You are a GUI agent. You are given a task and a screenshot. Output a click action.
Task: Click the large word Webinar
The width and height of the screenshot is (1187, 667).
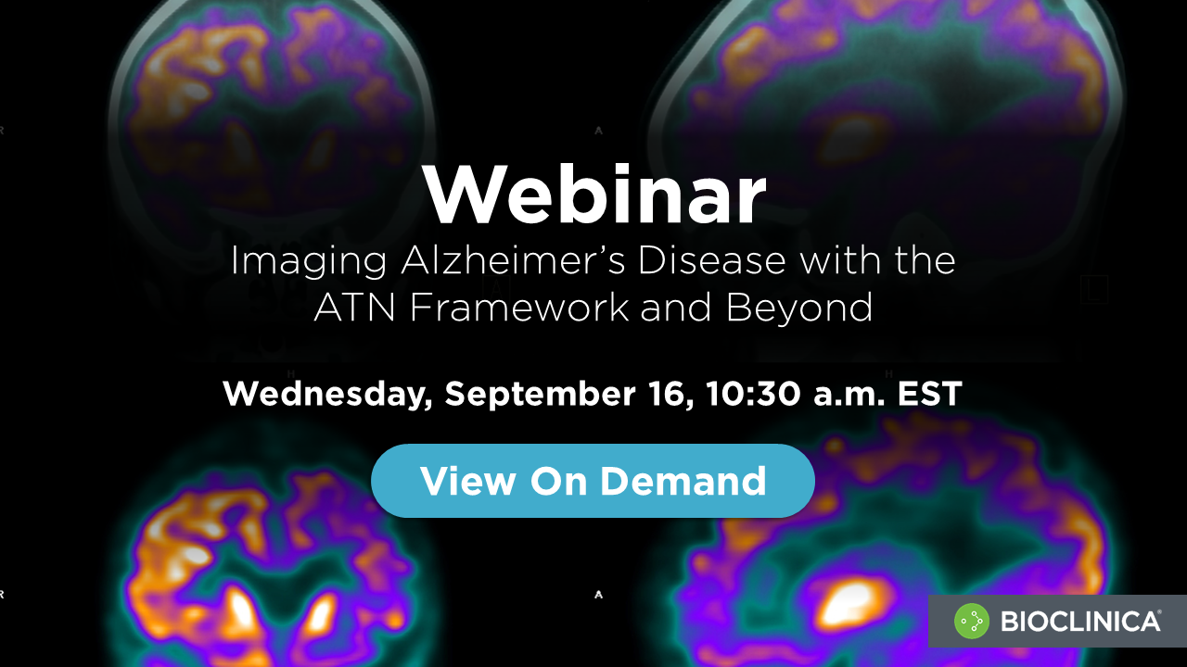click(x=594, y=196)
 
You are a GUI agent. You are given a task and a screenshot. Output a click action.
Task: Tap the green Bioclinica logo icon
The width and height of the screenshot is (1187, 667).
click(x=973, y=621)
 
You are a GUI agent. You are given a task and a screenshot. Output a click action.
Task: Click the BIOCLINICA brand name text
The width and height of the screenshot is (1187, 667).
click(x=1080, y=621)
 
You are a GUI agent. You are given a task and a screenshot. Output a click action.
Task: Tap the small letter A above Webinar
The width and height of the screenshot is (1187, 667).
click(x=598, y=131)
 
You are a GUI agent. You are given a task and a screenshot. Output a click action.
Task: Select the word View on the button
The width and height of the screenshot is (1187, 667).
click(x=467, y=481)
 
